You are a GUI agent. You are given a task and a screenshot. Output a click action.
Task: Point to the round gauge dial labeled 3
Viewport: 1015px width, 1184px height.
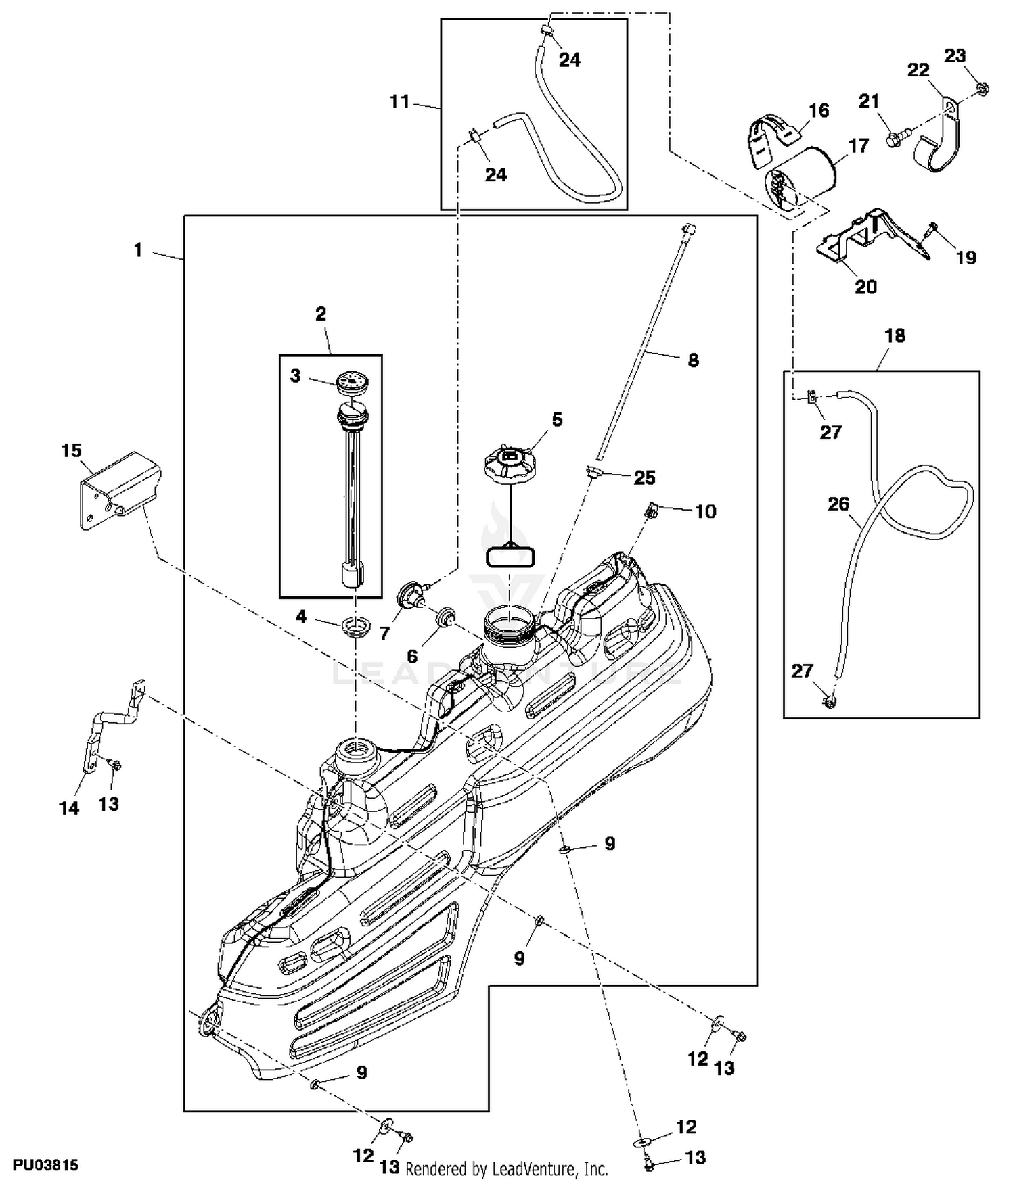coord(352,381)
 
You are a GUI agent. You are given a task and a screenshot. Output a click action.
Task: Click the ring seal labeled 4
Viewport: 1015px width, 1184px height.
coord(354,625)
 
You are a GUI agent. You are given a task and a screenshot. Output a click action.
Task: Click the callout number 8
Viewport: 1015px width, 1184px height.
coord(693,360)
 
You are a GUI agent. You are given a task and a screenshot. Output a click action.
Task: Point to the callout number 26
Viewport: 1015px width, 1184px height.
coord(838,504)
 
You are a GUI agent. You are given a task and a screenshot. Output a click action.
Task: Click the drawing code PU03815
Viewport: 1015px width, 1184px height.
coord(45,1165)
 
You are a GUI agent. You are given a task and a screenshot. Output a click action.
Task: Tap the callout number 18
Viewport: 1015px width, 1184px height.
coord(895,335)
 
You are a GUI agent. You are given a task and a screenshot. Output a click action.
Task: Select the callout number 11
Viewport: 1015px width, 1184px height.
coord(400,101)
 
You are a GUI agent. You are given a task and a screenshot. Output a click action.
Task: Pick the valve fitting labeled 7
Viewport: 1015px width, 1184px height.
coord(410,594)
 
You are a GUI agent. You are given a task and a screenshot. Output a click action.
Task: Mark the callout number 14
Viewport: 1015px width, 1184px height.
coord(69,807)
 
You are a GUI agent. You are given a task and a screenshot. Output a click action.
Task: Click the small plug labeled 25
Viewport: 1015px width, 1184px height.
coord(593,471)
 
